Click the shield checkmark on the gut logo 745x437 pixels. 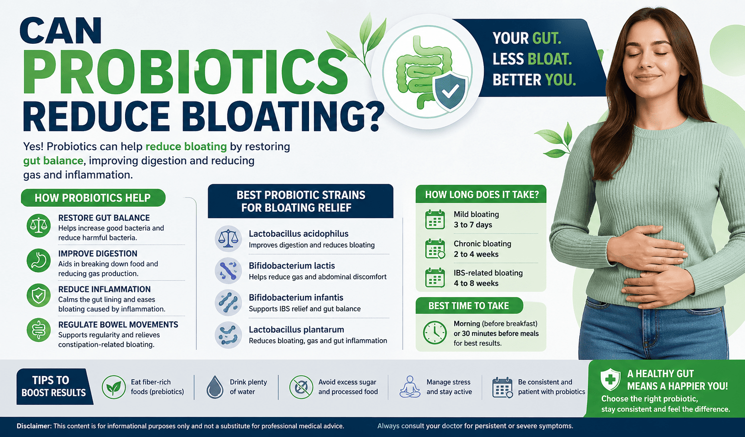[x=450, y=91]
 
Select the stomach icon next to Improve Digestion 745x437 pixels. [x=39, y=260]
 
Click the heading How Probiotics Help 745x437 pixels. [x=92, y=198]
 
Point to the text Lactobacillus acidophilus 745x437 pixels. [x=299, y=234]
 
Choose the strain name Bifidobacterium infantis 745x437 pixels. [x=296, y=297]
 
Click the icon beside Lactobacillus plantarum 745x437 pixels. [x=228, y=335]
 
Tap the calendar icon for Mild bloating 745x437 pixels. [x=435, y=219]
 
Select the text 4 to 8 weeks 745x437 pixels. [x=476, y=283]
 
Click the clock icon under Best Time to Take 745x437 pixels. [x=435, y=332]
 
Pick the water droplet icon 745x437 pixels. [x=214, y=387]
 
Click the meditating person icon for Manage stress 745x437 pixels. [x=410, y=386]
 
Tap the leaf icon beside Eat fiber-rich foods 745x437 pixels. [x=113, y=387]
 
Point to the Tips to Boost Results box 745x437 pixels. [x=54, y=386]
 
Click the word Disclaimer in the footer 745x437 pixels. [x=34, y=426]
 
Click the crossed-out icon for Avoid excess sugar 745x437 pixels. [x=301, y=387]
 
